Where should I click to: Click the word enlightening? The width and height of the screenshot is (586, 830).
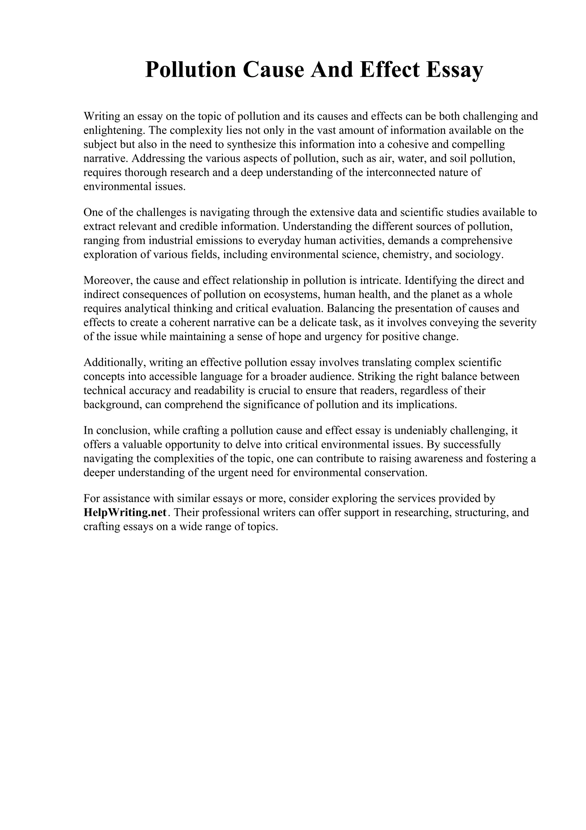pyautogui.click(x=113, y=130)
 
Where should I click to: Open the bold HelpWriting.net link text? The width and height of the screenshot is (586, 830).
pyautogui.click(x=125, y=513)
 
